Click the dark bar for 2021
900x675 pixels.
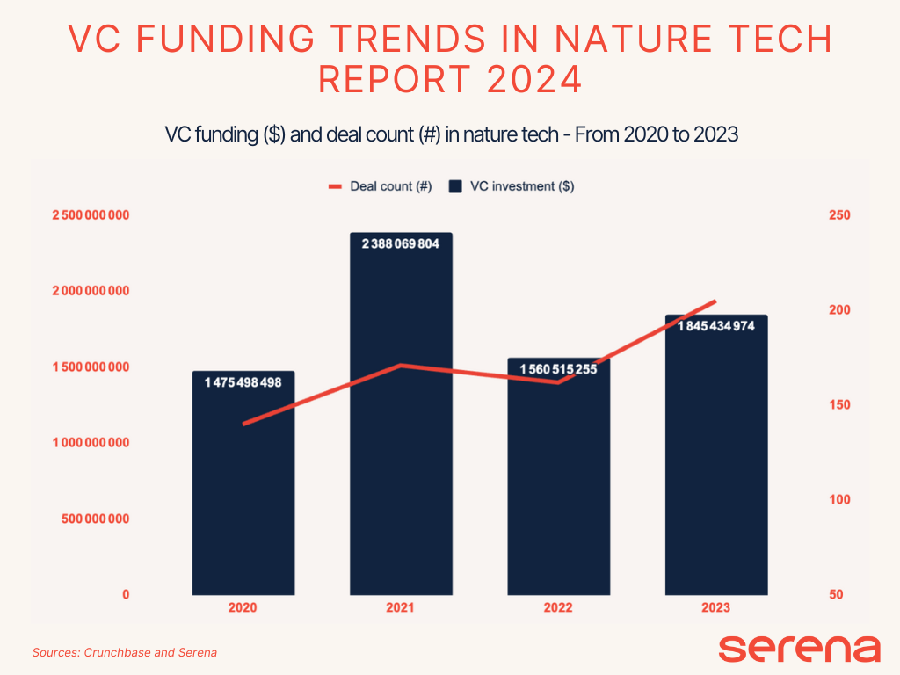(x=401, y=439)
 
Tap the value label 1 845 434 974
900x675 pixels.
(x=715, y=326)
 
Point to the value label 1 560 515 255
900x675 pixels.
(x=558, y=369)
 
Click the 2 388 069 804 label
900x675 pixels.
(x=401, y=244)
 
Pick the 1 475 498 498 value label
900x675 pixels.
(x=243, y=382)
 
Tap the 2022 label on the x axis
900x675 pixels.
(x=558, y=607)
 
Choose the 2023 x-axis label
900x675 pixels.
(x=715, y=607)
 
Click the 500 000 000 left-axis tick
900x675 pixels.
(x=96, y=519)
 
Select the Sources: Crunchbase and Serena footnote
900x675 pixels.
(x=125, y=652)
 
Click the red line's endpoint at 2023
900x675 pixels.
(x=715, y=301)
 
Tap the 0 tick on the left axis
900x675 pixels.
(x=126, y=594)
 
